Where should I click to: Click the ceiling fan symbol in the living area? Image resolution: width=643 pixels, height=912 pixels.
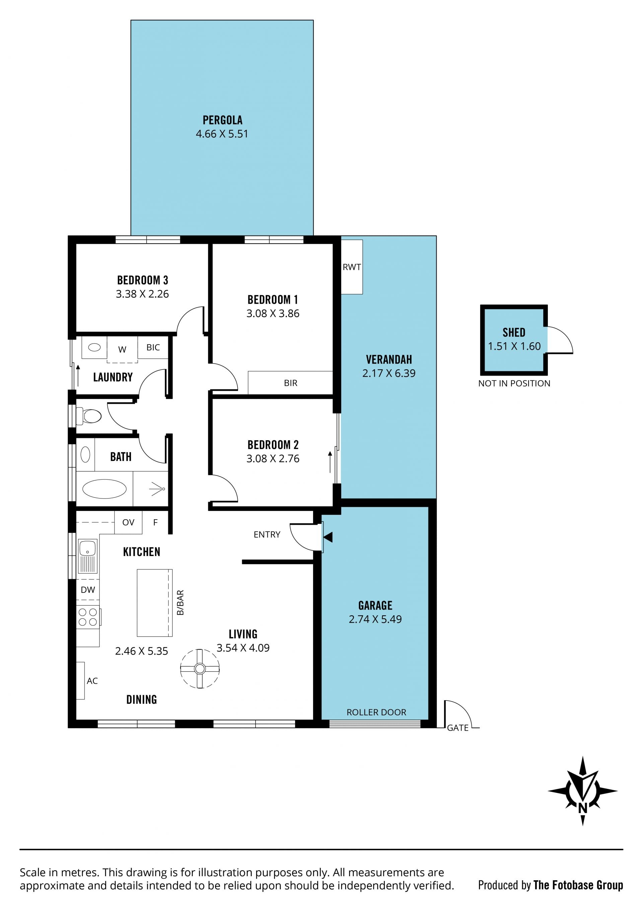point(200,668)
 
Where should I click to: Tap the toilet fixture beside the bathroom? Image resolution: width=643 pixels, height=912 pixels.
point(89,416)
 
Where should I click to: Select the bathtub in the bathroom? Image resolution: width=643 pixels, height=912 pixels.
point(104,488)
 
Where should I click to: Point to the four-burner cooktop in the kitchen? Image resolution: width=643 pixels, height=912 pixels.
point(88,617)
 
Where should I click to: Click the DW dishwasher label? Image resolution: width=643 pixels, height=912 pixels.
point(88,590)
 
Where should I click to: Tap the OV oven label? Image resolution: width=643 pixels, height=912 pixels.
point(128,522)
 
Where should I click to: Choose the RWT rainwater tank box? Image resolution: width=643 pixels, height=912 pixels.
point(352,267)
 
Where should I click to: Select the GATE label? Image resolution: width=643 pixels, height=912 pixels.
point(458,728)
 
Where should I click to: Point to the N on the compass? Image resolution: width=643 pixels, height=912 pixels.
point(583,808)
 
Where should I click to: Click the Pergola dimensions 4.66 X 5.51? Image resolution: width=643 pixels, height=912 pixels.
point(222,134)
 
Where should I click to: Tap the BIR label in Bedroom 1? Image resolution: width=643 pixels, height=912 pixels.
point(291,383)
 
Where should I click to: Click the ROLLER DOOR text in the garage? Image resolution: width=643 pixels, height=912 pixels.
point(376,712)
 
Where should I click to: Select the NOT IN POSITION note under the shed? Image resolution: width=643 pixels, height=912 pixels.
point(514,383)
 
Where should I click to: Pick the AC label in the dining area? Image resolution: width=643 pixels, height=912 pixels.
point(92,681)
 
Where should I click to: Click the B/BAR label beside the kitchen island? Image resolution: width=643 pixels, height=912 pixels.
point(180,603)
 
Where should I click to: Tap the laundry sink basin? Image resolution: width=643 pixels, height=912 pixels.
point(94,348)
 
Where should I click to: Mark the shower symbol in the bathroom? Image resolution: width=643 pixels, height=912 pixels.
point(157,488)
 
